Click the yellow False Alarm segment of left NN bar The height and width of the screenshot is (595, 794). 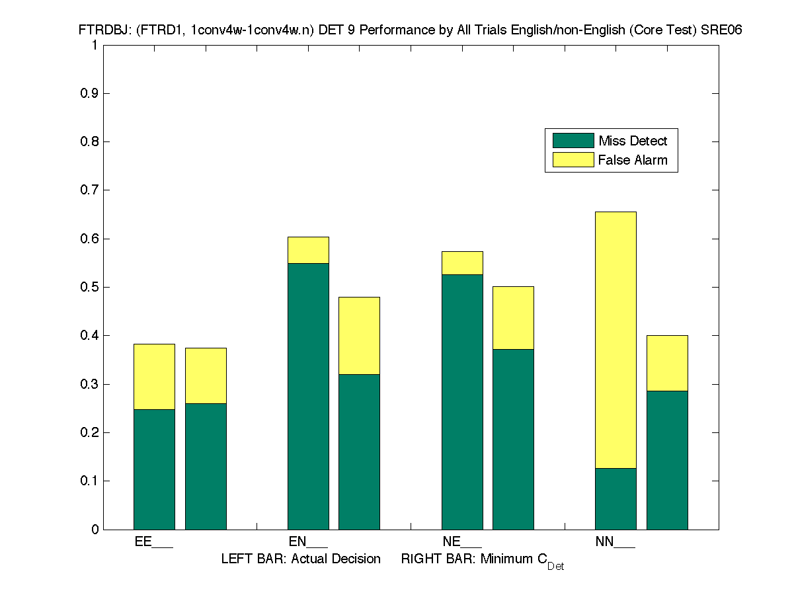615,340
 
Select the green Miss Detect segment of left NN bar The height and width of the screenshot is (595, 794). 615,498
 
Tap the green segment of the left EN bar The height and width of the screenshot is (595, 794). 308,396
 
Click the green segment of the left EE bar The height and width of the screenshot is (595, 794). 154,469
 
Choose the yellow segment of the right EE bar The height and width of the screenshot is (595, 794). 206,376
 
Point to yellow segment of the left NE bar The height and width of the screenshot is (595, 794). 462,262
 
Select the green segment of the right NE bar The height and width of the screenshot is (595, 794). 513,439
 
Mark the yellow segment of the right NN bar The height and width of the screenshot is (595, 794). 667,363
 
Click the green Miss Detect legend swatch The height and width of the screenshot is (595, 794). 573,140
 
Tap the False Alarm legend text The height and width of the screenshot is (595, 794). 633,160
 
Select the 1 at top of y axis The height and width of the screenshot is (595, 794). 95,45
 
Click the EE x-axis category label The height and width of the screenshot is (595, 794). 153,542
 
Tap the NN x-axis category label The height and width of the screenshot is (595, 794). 615,542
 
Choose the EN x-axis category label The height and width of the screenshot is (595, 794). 308,542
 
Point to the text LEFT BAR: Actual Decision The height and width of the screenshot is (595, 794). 301,559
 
